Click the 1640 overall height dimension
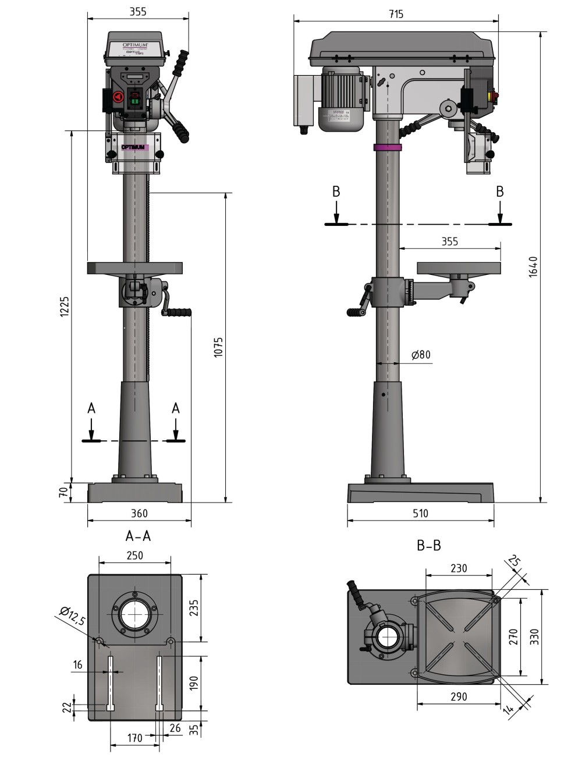coord(533,266)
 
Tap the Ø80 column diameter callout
coord(420,355)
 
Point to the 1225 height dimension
coord(65,306)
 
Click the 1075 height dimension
coord(218,346)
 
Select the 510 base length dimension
coord(420,513)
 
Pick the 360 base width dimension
coord(139,513)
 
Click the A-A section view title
coord(138,536)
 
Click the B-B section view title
coord(429,546)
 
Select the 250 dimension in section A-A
coord(134,555)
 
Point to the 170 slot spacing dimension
coord(134,738)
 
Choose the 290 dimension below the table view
coord(459,696)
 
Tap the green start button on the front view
coord(136,102)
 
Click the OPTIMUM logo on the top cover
coord(136,45)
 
